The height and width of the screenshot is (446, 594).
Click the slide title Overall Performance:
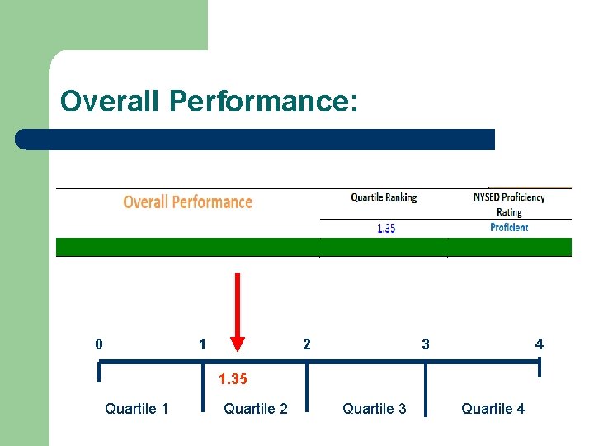(209, 102)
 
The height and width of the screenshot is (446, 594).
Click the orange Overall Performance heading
(187, 202)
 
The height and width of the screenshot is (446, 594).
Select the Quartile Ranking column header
(384, 197)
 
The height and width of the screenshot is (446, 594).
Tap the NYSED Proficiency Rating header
(509, 204)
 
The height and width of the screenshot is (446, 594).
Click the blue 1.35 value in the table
(386, 229)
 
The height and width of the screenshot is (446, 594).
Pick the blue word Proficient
(509, 228)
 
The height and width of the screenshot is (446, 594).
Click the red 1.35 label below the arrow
(232, 380)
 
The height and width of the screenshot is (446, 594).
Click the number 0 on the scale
(99, 344)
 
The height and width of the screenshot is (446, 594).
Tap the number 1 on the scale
(202, 344)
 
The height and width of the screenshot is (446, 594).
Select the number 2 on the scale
(307, 344)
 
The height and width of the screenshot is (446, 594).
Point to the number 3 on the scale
(426, 344)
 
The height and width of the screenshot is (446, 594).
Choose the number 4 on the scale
(540, 344)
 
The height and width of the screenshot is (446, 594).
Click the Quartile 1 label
(137, 409)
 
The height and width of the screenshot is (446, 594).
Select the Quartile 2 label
(256, 409)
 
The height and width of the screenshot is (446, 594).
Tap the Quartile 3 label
(375, 409)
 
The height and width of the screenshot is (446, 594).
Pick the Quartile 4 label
(493, 409)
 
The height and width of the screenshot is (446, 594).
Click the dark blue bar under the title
(256, 140)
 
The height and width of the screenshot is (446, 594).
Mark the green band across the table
(313, 247)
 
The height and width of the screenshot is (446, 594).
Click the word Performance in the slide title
(263, 102)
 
